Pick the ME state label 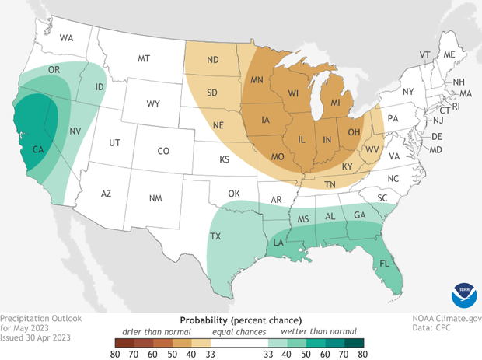449,54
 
